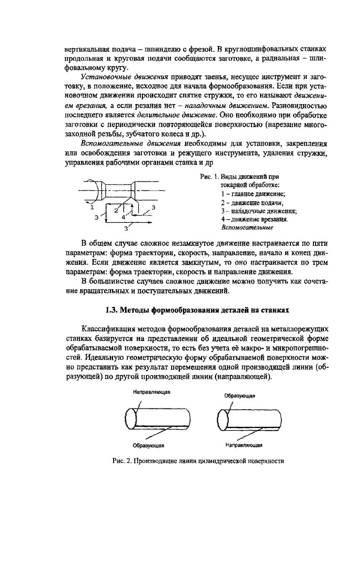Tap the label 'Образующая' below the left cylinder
[149, 445]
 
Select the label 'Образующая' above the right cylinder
[240, 396]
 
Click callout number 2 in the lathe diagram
[116, 210]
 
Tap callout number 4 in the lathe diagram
[123, 216]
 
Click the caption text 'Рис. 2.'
[121, 461]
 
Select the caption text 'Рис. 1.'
[210, 177]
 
